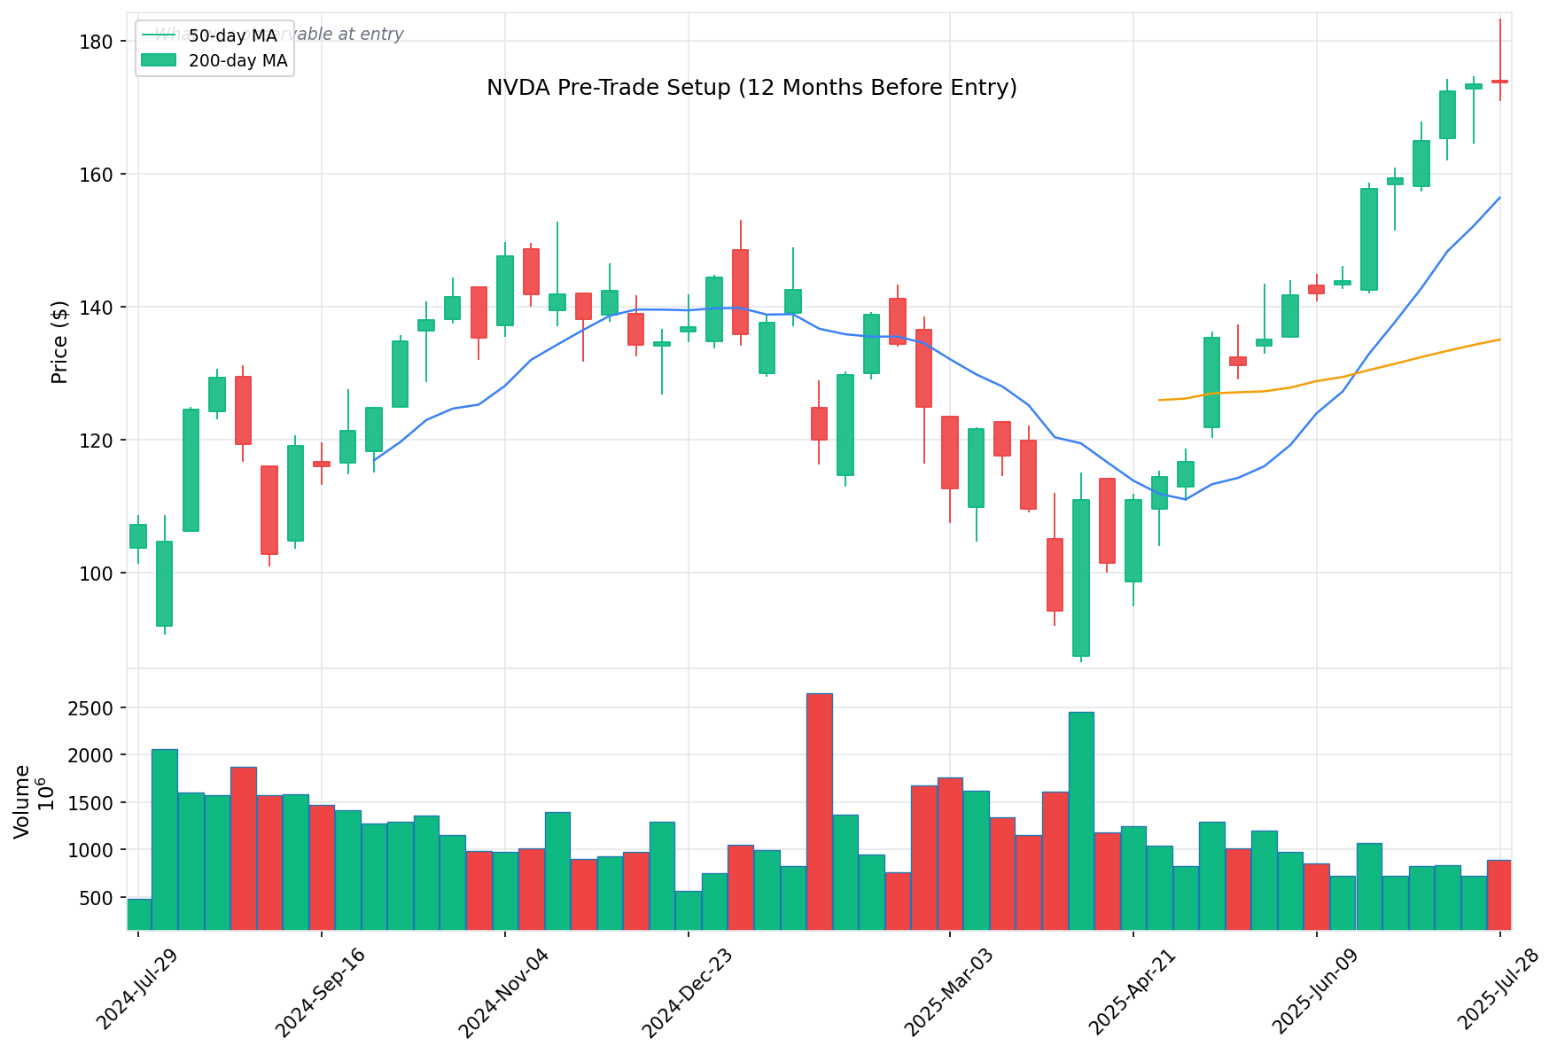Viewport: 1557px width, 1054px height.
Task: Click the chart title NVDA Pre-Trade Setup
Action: (751, 88)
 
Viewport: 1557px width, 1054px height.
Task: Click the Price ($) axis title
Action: (59, 342)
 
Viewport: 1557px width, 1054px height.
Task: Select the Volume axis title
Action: (22, 800)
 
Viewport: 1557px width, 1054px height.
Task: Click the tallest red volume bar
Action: (819, 811)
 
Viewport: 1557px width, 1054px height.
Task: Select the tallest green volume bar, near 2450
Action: (1080, 820)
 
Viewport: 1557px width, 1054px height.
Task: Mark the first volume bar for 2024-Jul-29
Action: (138, 914)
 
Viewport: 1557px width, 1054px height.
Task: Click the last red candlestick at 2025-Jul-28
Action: (1499, 82)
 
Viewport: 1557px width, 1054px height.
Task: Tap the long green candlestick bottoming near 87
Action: (1080, 578)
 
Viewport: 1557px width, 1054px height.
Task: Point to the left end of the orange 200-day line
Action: (1160, 400)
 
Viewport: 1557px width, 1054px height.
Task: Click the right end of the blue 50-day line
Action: (1499, 198)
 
